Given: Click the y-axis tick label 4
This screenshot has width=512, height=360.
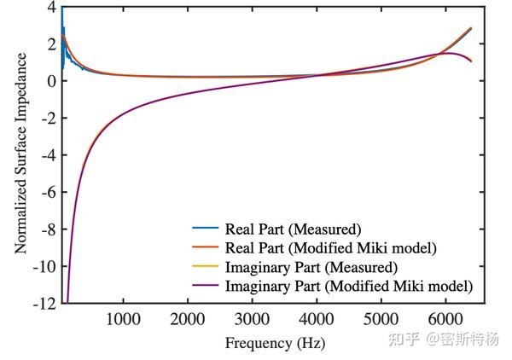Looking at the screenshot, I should point(51,7).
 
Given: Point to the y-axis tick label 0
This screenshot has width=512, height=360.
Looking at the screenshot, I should point(51,81).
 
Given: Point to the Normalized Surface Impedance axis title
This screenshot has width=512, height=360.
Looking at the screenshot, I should point(19,154).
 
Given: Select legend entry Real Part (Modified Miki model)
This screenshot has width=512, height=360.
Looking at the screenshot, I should point(332,247).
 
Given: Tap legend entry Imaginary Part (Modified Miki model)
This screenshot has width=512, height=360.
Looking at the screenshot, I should point(347,285).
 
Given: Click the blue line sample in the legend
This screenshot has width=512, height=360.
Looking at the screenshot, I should point(205,229).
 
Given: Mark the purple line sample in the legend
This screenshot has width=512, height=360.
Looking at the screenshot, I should point(205,286).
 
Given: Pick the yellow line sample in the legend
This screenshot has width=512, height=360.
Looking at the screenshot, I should point(205,267).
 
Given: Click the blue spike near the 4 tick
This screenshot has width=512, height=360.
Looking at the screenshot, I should point(61,10).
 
